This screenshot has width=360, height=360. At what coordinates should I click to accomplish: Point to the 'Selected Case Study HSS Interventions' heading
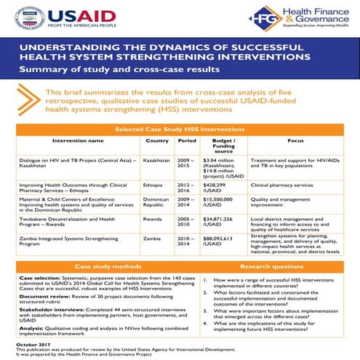point(180,128)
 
